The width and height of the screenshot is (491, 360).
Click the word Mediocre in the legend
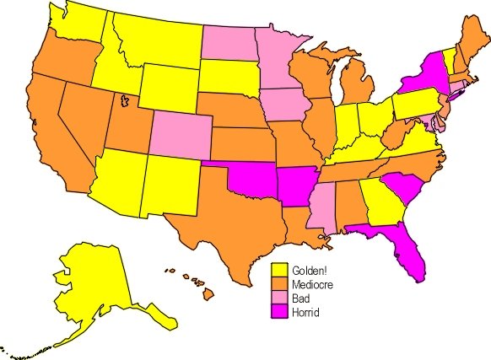click(313, 285)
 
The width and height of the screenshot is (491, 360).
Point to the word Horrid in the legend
click(307, 313)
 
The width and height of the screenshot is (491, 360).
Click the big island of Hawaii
click(207, 294)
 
